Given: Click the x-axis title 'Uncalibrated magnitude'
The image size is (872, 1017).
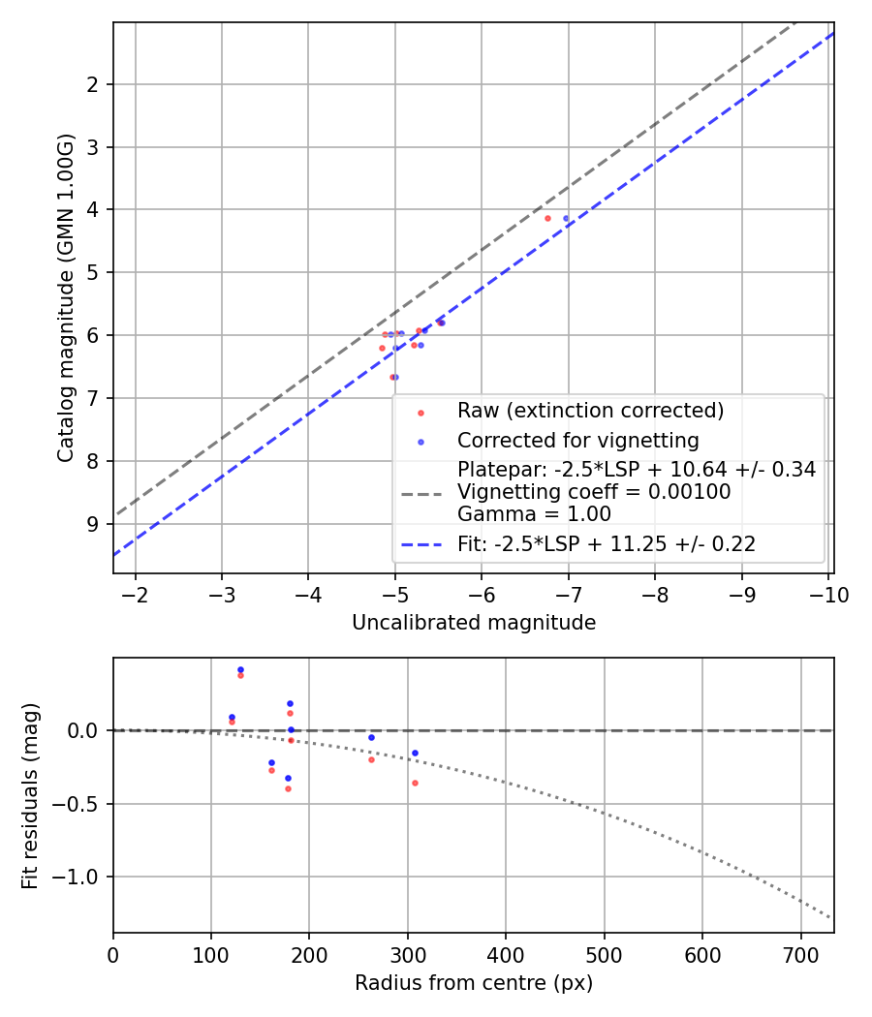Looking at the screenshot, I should [473, 623].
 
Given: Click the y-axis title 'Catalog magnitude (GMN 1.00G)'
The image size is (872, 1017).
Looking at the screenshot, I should [65, 297].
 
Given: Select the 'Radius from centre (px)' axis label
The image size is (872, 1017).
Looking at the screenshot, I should [473, 983].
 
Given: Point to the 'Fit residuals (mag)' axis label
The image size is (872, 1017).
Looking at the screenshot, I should [30, 795].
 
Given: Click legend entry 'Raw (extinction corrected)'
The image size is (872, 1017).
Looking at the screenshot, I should [590, 411].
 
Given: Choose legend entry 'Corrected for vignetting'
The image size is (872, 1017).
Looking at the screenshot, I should [577, 441].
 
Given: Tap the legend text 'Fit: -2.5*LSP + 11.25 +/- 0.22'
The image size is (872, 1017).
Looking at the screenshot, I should [606, 544].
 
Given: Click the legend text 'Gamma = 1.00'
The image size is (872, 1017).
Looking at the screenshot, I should [514, 513].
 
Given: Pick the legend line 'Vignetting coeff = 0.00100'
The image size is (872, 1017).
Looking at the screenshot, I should [594, 492].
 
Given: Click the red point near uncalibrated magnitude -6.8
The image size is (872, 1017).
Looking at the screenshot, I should [547, 218].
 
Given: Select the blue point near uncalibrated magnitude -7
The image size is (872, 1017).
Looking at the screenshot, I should [567, 218].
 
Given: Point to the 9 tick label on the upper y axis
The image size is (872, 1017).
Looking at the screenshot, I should [94, 524].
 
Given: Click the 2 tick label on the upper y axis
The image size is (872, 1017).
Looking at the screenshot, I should [94, 84].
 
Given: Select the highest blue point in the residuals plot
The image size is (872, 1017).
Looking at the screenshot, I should [240, 669].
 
